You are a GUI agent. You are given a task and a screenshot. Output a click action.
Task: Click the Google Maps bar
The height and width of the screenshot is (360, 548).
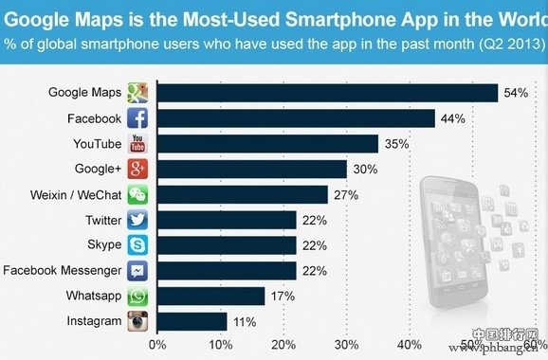[327, 93]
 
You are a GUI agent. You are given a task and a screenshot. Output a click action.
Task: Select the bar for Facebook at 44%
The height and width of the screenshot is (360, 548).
[296, 118]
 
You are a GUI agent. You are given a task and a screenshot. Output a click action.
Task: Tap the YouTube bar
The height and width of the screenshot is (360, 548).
[267, 144]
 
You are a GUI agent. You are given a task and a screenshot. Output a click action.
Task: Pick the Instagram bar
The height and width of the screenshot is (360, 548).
[192, 321]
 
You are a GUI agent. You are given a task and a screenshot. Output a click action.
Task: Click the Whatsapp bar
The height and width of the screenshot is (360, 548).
[210, 296]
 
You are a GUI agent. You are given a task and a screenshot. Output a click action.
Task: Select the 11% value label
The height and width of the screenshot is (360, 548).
[244, 321]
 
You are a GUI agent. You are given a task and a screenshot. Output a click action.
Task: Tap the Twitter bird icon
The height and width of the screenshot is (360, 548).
[138, 220]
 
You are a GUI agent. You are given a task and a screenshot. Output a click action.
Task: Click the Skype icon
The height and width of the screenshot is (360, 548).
[138, 245]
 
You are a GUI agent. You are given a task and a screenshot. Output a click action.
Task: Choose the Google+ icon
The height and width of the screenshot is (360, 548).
[138, 170]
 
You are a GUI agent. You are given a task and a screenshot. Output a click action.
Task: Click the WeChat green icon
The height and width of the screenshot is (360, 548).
[138, 194]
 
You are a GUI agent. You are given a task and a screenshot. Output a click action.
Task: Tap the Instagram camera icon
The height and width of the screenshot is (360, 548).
[138, 321]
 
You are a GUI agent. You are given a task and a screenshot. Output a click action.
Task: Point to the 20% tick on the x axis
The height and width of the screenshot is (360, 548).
[283, 344]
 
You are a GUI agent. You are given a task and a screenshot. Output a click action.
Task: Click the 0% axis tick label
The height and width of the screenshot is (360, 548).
[157, 344]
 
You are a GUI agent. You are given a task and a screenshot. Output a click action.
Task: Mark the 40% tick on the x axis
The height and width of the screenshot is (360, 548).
[410, 344]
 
